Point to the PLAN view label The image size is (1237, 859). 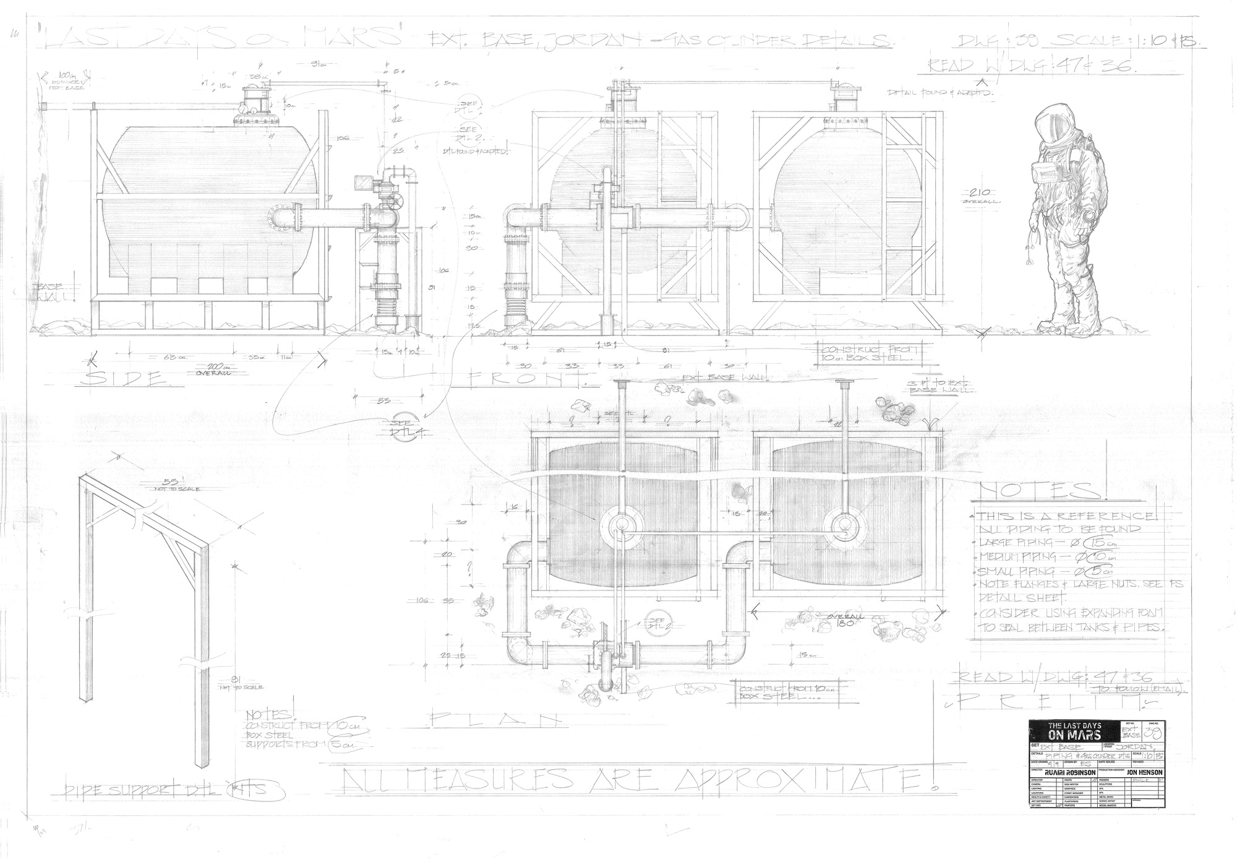click(494, 719)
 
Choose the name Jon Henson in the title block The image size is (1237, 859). click(1137, 772)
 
